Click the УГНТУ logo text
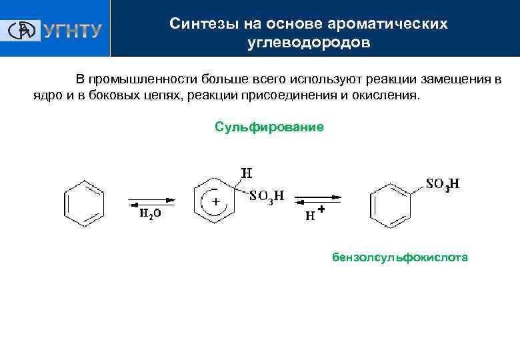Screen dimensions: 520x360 (73, 30)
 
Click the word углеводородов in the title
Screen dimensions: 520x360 (308, 43)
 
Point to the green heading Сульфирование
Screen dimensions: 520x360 (269, 126)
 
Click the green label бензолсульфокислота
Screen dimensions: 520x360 (400, 257)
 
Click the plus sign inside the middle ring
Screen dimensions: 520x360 (215, 202)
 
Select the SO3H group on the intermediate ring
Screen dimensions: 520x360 (267, 196)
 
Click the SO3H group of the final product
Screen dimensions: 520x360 (443, 185)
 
